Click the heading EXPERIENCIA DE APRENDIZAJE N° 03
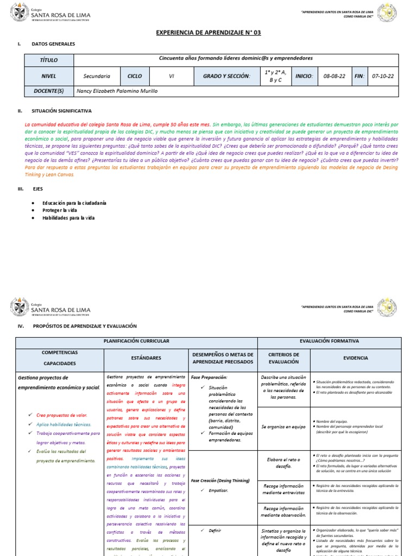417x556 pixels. point(209,33)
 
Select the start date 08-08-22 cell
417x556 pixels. point(334,77)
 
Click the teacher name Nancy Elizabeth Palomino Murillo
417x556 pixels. point(117,91)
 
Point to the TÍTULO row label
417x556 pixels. point(48,60)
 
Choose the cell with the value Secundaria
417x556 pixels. point(97,77)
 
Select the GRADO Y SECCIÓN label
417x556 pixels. point(226,77)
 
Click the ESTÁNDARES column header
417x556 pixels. point(146,358)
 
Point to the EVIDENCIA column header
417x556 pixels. point(355,358)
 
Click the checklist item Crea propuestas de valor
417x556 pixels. point(63,415)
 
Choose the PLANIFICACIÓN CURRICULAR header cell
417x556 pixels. point(136,341)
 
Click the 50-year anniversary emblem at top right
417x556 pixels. point(387,13)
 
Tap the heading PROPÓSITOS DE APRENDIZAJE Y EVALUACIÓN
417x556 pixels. point(85,326)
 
